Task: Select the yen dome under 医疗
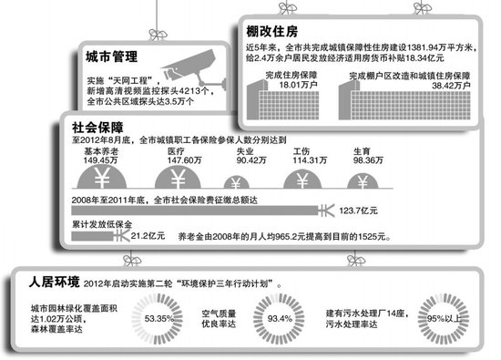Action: [x=172, y=177]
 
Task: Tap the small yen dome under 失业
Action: [x=238, y=181]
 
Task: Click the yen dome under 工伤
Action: [x=302, y=178]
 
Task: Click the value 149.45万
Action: [x=103, y=159]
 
